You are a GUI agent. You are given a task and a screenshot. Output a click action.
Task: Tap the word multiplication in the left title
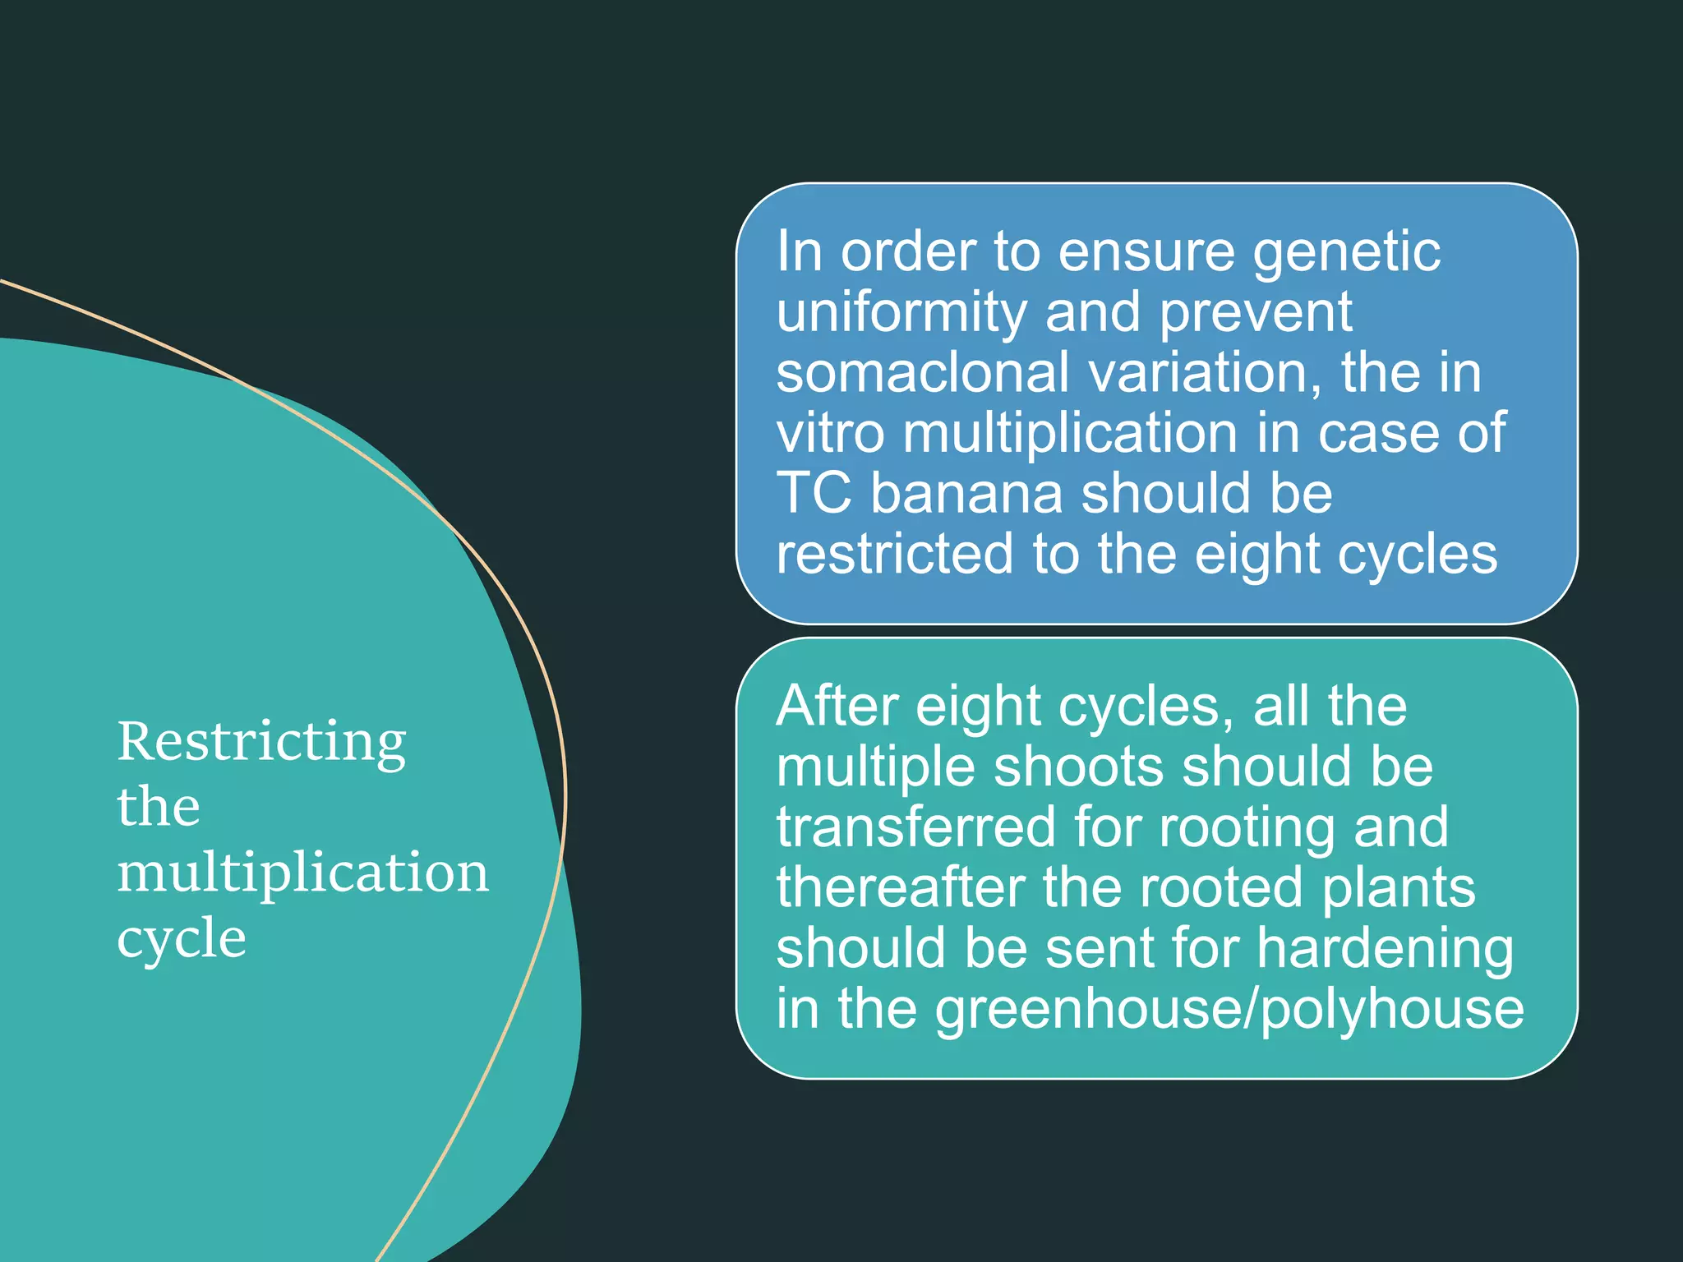pos(303,874)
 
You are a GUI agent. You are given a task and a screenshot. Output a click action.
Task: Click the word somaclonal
pos(924,372)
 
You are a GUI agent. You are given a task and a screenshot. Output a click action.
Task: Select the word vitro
pos(831,433)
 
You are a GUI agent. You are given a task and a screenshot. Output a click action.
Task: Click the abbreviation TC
pos(814,494)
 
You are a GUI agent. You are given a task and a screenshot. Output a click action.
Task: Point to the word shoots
pos(1079,767)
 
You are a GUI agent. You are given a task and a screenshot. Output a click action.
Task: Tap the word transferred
pos(916,827)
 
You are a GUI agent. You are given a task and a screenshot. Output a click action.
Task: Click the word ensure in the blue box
pos(1146,255)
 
